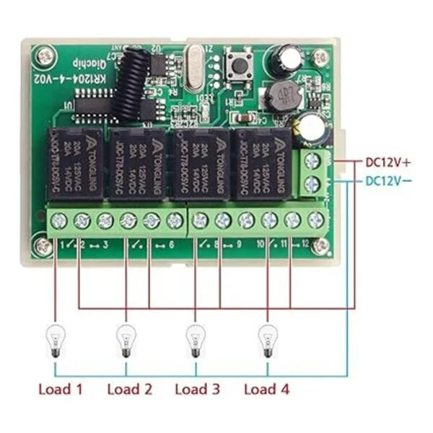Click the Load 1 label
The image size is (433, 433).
click(x=60, y=390)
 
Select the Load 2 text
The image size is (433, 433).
click(x=130, y=390)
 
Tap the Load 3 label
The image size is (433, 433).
click(x=198, y=390)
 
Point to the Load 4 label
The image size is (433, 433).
click(x=266, y=390)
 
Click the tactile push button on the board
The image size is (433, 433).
click(x=235, y=64)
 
